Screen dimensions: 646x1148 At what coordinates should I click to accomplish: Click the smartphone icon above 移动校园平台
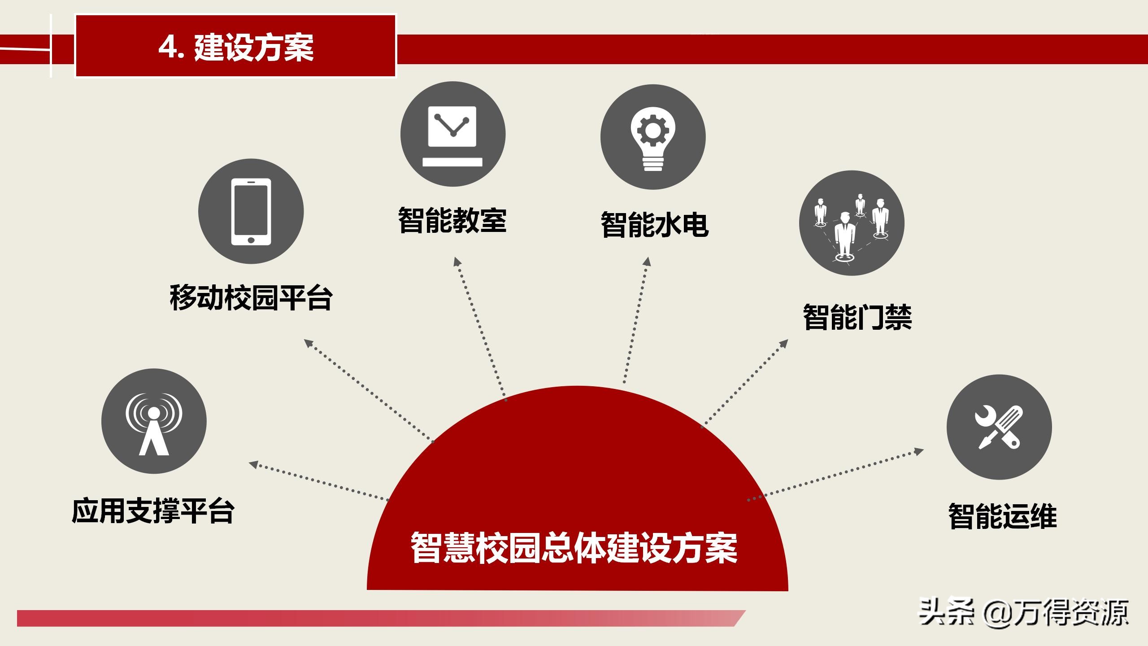point(251,211)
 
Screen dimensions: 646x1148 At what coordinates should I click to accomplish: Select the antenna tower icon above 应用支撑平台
point(154,421)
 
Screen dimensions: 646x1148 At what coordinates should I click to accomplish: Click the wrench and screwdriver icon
point(999,427)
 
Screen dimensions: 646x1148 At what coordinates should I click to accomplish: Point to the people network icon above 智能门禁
point(851,223)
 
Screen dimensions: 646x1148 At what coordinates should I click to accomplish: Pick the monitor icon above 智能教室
point(452,134)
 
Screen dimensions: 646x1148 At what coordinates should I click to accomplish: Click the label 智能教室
point(452,221)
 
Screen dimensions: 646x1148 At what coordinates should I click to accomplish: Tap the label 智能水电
point(654,224)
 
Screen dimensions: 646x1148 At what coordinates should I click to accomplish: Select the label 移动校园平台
point(251,297)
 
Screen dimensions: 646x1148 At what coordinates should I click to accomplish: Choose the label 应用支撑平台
point(153,511)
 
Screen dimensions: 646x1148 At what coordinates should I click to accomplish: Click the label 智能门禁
point(857,317)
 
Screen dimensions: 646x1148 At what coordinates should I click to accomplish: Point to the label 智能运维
point(1002,516)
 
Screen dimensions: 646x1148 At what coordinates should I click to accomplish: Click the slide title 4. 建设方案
point(236,47)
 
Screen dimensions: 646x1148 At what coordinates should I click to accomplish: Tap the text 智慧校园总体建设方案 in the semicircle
point(574,548)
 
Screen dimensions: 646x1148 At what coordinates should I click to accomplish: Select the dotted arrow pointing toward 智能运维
point(834,475)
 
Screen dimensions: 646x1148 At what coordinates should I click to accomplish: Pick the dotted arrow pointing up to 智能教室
point(480,327)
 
